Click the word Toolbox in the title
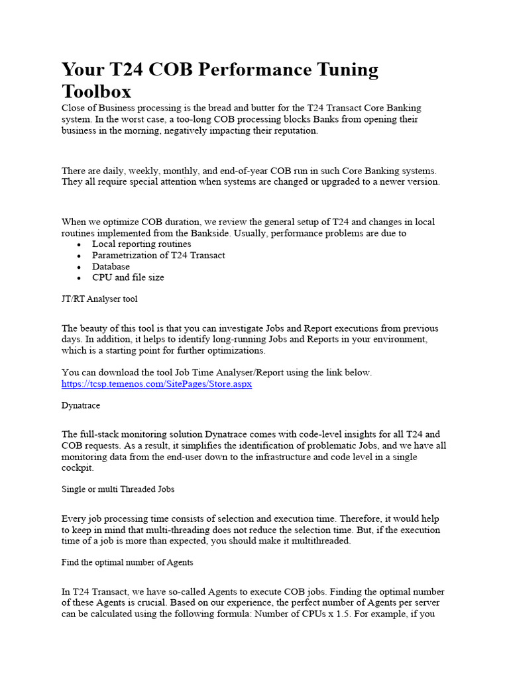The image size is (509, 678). point(97,91)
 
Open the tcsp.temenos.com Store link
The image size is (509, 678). point(156,384)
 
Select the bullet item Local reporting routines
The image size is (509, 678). point(142,244)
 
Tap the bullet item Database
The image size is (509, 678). point(111,267)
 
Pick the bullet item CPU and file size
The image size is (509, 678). point(128,278)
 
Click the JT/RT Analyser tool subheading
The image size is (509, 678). point(99,299)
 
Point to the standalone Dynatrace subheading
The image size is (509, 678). point(81,405)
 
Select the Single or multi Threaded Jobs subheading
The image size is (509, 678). point(118,489)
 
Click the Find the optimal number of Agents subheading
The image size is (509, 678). point(127,562)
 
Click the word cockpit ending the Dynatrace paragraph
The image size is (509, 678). point(78,467)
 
